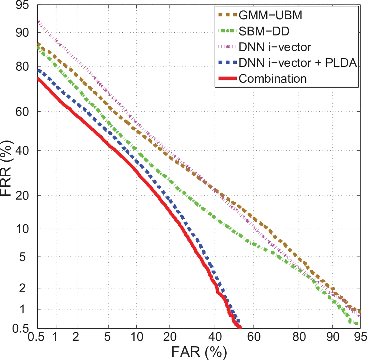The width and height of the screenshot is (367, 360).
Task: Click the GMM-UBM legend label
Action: click(270, 15)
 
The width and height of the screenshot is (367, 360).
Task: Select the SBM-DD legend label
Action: click(264, 31)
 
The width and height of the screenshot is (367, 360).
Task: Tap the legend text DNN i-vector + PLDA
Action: click(298, 63)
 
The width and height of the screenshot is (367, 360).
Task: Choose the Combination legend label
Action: click(272, 79)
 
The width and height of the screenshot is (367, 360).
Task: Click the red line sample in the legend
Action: click(228, 79)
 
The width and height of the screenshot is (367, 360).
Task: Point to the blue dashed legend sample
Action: click(228, 63)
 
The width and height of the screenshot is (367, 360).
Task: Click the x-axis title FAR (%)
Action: click(199, 352)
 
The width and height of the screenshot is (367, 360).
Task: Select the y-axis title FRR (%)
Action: click(7, 168)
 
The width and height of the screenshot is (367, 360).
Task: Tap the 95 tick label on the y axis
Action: click(22, 5)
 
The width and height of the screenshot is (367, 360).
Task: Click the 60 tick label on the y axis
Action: click(22, 112)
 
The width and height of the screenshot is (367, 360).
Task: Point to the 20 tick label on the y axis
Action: click(22, 195)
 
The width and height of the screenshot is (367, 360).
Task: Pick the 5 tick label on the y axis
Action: click(22, 257)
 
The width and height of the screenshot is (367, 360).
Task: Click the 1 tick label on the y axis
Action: click(22, 309)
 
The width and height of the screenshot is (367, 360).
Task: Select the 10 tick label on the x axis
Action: click(137, 337)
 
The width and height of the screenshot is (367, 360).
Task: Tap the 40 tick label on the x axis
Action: click(215, 337)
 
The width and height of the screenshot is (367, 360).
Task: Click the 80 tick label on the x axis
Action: click(299, 337)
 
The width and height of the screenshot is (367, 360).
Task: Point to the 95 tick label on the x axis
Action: click(360, 337)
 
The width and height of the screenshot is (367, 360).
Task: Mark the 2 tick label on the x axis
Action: click(76, 337)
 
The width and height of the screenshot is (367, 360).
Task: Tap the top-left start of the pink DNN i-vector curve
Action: click(38, 22)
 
